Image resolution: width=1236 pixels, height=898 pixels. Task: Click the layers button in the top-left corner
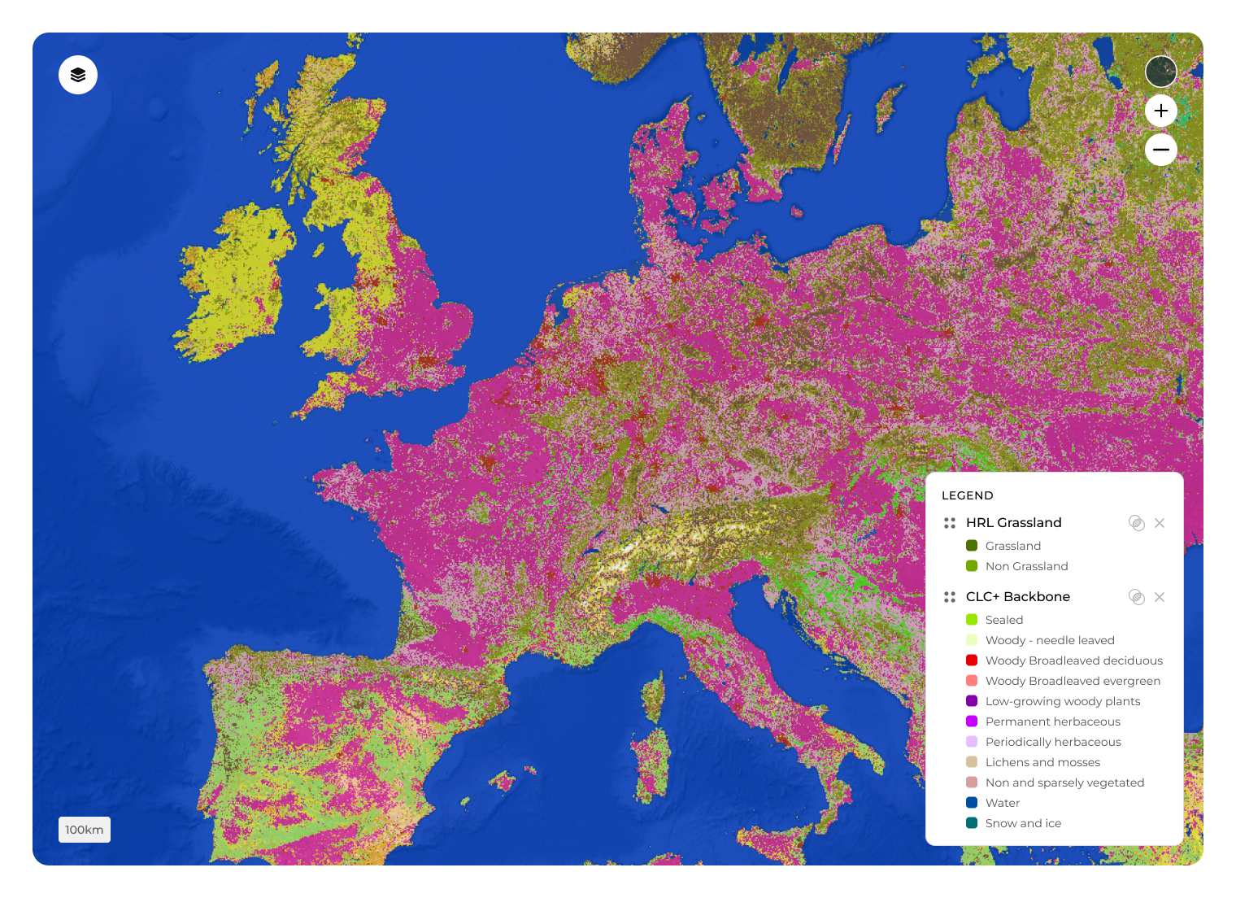pos(78,75)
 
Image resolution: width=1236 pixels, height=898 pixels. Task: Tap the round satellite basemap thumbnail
pos(1160,72)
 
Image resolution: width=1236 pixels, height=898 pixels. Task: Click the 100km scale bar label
pos(85,830)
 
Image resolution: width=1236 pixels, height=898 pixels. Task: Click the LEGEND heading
pos(967,495)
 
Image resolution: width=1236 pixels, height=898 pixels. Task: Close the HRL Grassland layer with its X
pos(1160,523)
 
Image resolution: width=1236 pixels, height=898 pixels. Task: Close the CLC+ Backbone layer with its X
pos(1160,597)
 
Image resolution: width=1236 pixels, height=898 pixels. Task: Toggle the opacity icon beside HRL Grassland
pos(1137,523)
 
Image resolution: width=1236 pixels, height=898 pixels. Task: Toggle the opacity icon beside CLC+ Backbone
pos(1137,597)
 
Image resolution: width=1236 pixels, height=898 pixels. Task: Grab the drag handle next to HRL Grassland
pos(949,523)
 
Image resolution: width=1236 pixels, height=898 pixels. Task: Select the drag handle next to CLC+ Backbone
pos(949,597)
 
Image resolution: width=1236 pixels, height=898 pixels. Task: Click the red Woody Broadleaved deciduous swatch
pos(972,660)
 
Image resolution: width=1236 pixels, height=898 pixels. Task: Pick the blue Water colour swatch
pos(972,803)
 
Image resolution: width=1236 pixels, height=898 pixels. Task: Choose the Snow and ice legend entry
pos(1023,823)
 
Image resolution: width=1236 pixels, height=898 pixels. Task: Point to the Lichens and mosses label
pos(1042,762)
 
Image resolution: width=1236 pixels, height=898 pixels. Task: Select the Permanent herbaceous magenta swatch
pos(972,721)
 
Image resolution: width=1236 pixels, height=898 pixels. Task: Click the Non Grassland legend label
pos(1026,566)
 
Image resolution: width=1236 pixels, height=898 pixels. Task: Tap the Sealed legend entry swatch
pos(972,620)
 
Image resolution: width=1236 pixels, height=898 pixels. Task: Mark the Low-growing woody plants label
pos(1062,701)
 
